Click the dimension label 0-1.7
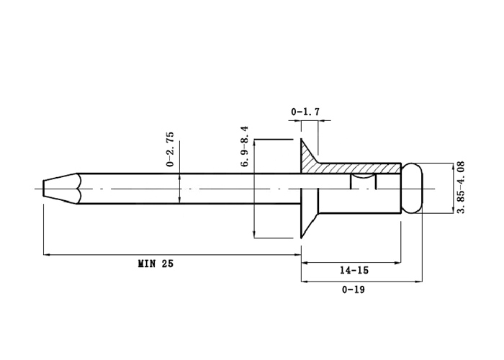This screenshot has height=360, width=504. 305,112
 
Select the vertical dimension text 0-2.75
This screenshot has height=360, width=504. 170,149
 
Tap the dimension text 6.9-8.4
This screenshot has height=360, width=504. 244,146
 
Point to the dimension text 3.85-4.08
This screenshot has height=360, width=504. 461,187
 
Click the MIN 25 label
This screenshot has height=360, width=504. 156,264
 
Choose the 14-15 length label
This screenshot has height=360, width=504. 354,270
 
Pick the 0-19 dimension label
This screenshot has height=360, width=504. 354,290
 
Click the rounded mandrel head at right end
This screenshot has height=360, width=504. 412,189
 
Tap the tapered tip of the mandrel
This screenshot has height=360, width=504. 60,189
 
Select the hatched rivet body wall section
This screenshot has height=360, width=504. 360,168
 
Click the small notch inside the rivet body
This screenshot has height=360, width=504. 363,181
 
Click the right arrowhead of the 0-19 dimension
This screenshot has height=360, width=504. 419,282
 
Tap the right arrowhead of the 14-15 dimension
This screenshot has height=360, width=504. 397,263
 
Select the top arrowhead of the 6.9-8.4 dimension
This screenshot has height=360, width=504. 255,143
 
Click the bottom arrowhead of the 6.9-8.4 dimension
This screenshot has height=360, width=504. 255,235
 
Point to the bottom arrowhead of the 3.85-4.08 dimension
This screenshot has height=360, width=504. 454,210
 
